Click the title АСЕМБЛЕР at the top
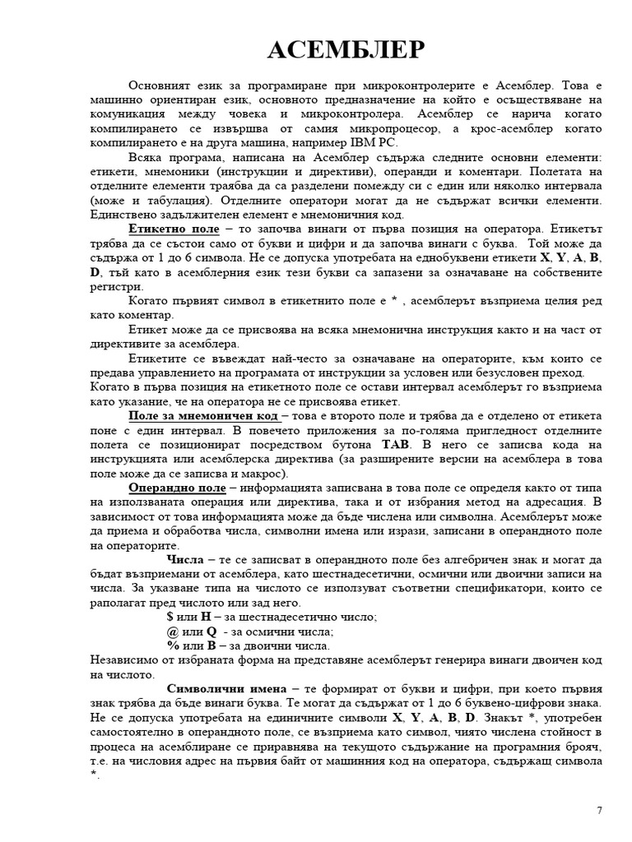[346, 52]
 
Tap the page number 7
[599, 810]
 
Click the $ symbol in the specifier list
[170, 617]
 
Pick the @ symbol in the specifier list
[172, 631]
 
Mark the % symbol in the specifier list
[173, 646]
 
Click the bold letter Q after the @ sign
[211, 631]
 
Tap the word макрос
[263, 474]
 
